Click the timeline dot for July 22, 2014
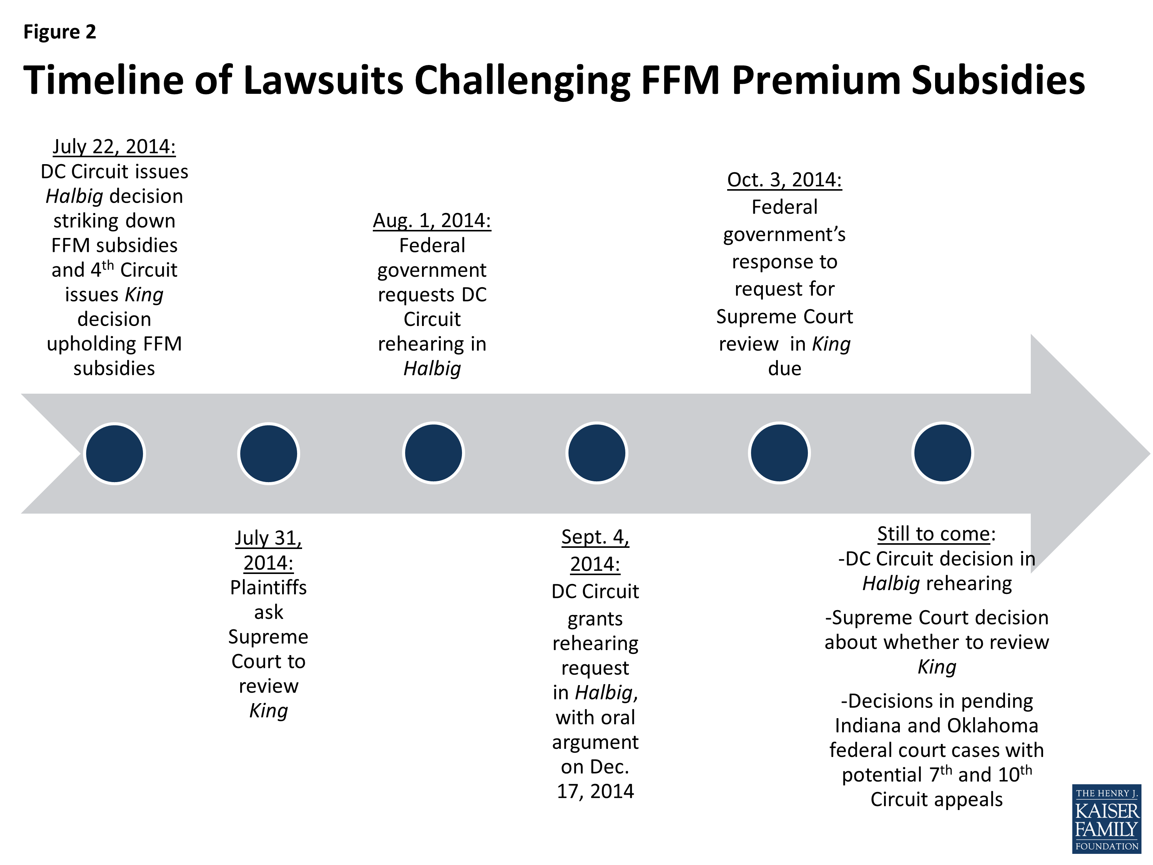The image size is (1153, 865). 115,453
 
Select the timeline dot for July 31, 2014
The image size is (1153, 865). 268,453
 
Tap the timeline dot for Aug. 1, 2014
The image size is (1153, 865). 433,452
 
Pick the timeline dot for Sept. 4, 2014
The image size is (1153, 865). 597,452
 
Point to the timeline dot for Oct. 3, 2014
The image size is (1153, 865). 779,452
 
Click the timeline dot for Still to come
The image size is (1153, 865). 942,452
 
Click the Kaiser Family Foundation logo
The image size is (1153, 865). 1106,818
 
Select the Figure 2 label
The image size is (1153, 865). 60,32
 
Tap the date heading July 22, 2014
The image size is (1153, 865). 114,146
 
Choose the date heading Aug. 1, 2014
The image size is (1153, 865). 432,221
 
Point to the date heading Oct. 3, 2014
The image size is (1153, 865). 784,180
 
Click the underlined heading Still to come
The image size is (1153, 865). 934,534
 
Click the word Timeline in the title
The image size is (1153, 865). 104,80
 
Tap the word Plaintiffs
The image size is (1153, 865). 268,587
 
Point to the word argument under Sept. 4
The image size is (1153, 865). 595,742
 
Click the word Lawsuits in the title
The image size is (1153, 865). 323,80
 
